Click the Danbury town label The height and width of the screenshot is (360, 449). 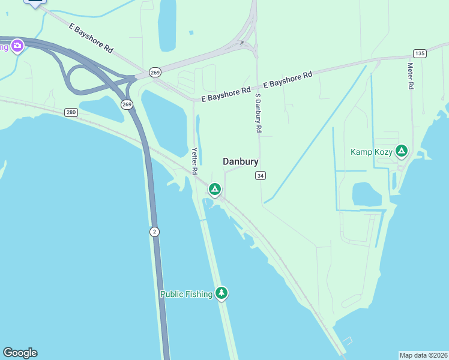pyautogui.click(x=241, y=161)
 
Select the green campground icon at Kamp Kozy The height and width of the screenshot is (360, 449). pyautogui.click(x=402, y=151)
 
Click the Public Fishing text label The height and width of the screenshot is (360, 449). pyautogui.click(x=186, y=294)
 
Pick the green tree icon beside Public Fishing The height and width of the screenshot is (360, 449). pyautogui.click(x=222, y=293)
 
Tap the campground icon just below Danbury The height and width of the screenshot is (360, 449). pyautogui.click(x=214, y=190)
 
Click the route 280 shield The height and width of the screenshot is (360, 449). pyautogui.click(x=71, y=112)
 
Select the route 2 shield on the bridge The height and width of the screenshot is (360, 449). pyautogui.click(x=154, y=232)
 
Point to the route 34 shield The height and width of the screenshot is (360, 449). pyautogui.click(x=260, y=175)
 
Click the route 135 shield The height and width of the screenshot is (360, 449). pyautogui.click(x=420, y=53)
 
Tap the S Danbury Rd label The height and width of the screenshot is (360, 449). pyautogui.click(x=259, y=113)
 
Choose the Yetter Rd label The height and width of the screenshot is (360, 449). pyautogui.click(x=194, y=161)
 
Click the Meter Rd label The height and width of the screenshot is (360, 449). pyautogui.click(x=411, y=76)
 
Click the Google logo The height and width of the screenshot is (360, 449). pyautogui.click(x=20, y=353)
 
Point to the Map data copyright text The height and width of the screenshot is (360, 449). pyautogui.click(x=423, y=355)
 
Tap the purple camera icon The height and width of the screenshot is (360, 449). pyautogui.click(x=17, y=45)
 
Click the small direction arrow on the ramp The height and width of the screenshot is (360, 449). pyautogui.click(x=241, y=43)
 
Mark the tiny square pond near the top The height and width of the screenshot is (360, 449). pyautogui.click(x=191, y=32)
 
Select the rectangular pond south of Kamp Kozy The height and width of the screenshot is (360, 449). pyautogui.click(x=367, y=194)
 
